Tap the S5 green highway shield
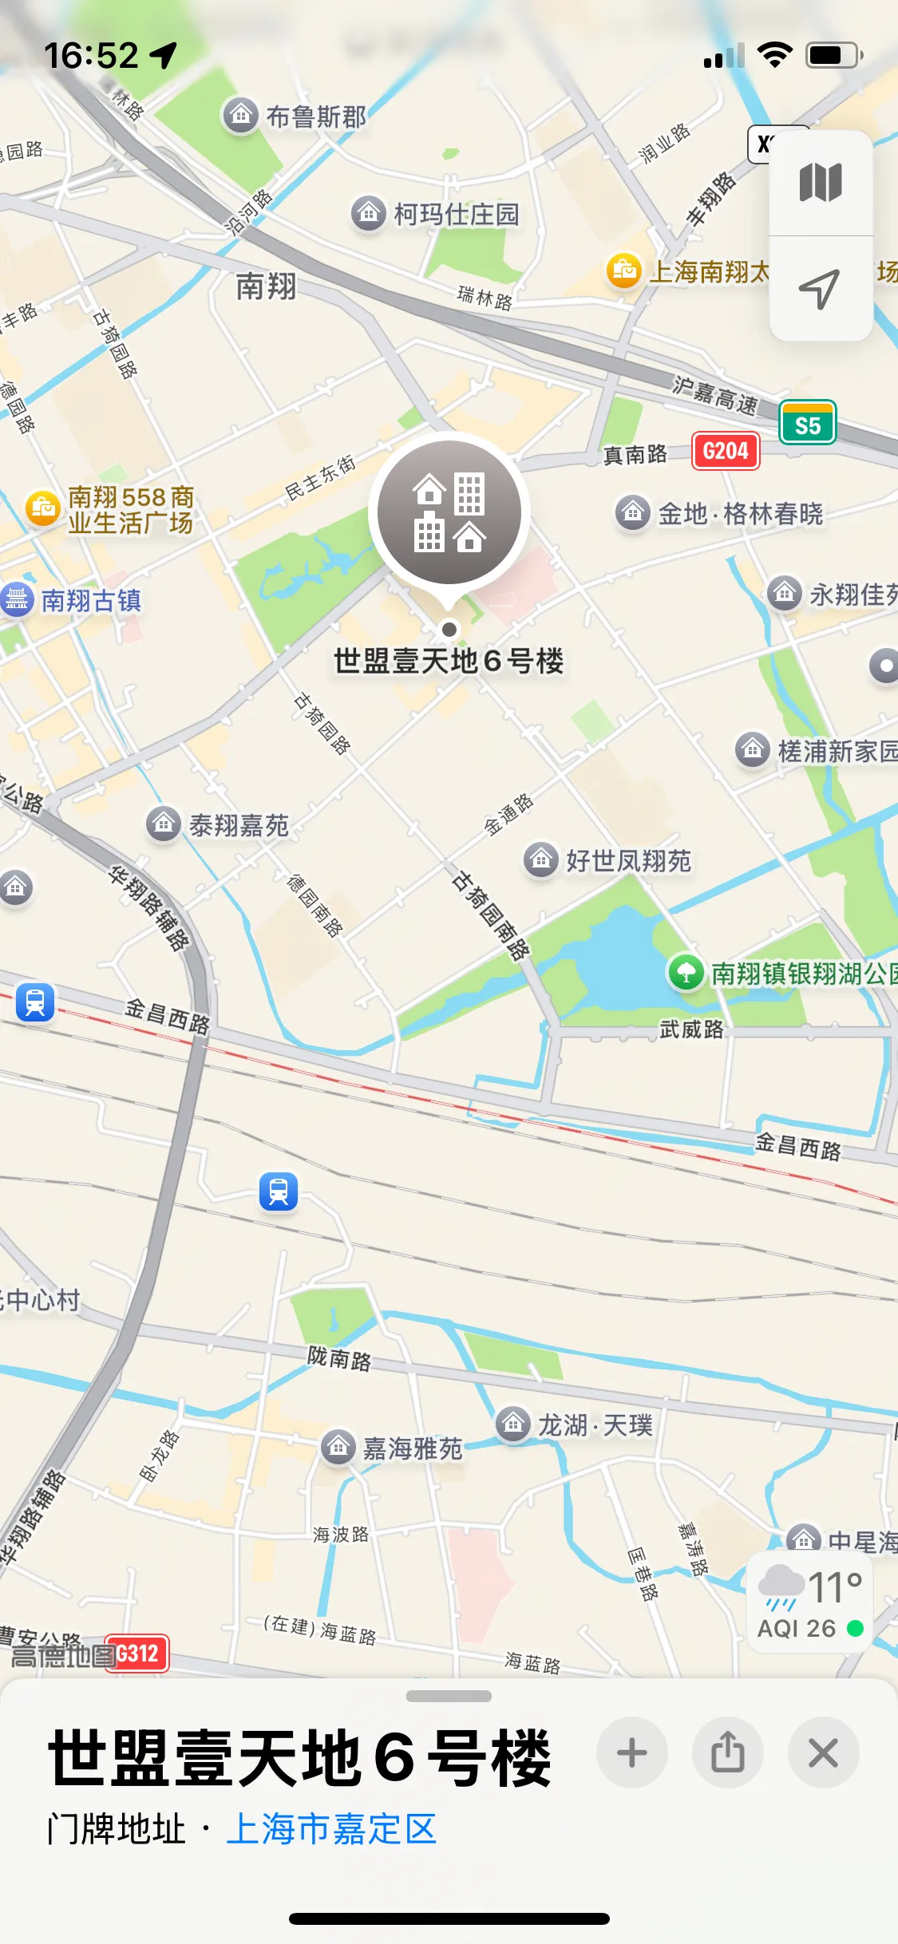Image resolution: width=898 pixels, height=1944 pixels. [x=807, y=425]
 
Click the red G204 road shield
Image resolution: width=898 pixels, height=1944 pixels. [x=725, y=452]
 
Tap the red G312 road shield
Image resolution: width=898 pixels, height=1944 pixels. [x=137, y=1653]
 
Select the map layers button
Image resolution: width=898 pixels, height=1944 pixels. [x=820, y=183]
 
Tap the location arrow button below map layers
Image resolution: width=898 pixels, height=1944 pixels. [x=820, y=288]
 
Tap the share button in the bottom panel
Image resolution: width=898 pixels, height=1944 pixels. [x=727, y=1753]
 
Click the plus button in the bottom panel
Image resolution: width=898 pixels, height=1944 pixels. [x=631, y=1753]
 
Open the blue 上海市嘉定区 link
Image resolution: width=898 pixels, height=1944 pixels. [x=331, y=1829]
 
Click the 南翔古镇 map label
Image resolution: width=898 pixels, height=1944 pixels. [x=90, y=600]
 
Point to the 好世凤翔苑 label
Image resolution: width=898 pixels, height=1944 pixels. [x=627, y=861]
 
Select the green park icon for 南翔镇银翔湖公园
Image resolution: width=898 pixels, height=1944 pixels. [x=686, y=973]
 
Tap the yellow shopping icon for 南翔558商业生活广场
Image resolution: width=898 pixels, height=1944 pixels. [x=43, y=508]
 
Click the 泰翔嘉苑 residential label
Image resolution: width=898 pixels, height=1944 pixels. [x=238, y=825]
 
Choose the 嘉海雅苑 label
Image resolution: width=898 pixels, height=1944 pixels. [x=412, y=1448]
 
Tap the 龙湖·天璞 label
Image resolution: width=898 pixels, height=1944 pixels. [x=595, y=1424]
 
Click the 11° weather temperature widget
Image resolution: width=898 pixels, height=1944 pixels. [x=809, y=1601]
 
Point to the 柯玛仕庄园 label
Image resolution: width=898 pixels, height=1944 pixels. [x=456, y=214]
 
